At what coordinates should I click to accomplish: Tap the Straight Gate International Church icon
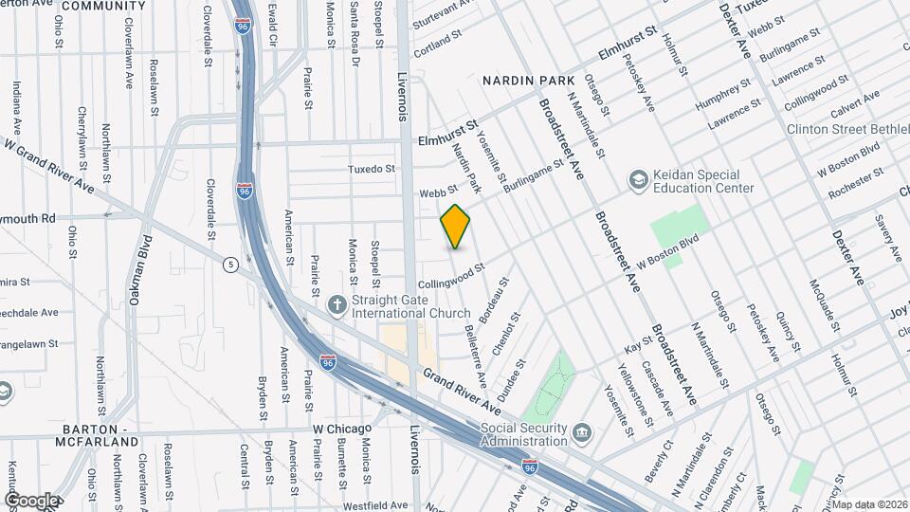click(x=336, y=305)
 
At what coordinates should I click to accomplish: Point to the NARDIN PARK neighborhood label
click(x=523, y=81)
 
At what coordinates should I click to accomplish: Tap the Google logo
click(x=30, y=501)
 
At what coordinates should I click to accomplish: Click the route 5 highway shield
click(x=230, y=265)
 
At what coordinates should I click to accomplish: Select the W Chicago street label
click(x=342, y=429)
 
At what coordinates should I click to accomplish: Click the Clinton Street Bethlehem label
click(x=846, y=128)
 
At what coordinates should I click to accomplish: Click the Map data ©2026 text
click(x=869, y=503)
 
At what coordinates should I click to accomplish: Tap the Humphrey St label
click(x=722, y=95)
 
